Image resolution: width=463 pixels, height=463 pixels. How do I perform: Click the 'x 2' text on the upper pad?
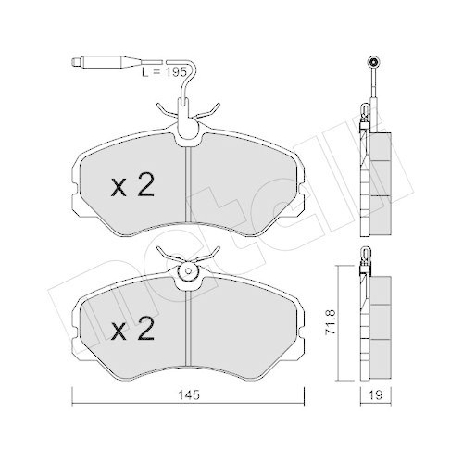coord(131,187)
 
